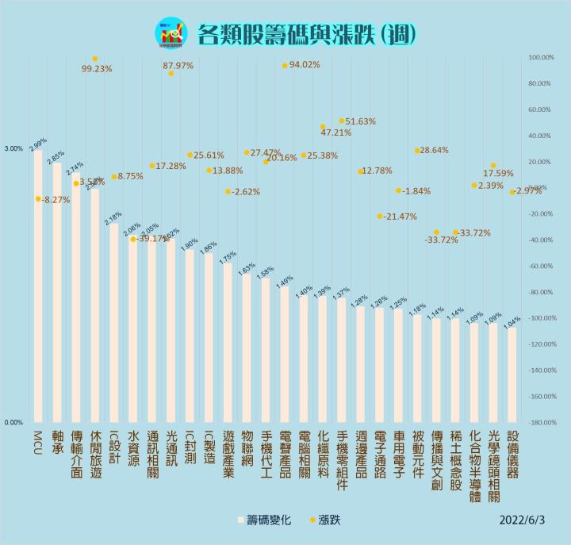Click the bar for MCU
click(38, 286)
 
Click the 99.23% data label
click(96, 69)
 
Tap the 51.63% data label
click(361, 121)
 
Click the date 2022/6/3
click(524, 521)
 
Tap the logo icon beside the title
click(171, 33)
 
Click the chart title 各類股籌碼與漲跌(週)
click(305, 33)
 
